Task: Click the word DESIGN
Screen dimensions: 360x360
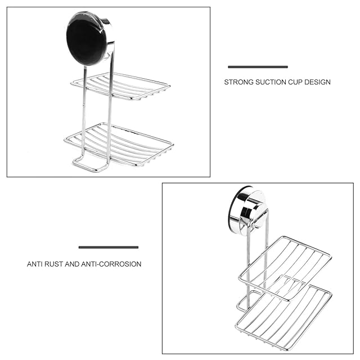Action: click(x=319, y=82)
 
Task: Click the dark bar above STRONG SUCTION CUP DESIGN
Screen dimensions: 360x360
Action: click(x=258, y=67)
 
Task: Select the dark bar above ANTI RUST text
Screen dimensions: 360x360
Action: click(x=109, y=247)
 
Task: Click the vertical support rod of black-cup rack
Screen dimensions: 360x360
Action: click(x=109, y=112)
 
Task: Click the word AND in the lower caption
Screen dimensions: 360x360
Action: click(x=72, y=264)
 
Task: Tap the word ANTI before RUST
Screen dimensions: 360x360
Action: click(x=35, y=264)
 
